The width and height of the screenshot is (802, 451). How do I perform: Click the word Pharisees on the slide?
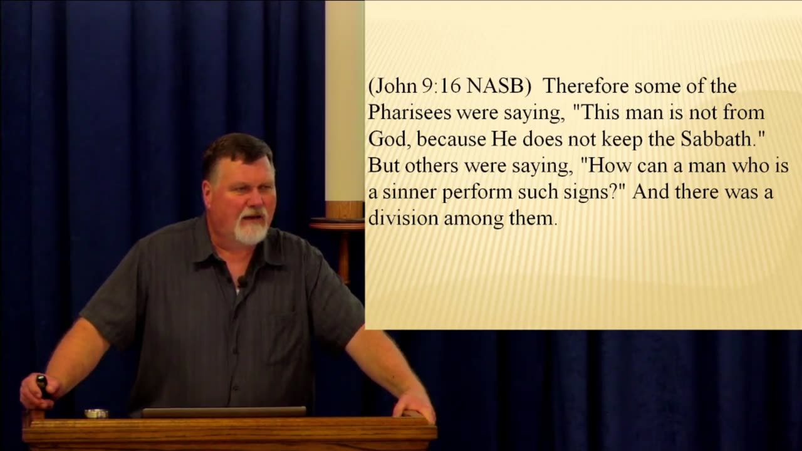point(407,113)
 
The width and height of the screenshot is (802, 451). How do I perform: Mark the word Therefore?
point(584,86)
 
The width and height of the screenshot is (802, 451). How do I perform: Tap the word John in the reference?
point(395,87)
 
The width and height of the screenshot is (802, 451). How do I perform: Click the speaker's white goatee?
point(251,232)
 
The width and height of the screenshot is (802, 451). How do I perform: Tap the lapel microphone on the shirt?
point(242,281)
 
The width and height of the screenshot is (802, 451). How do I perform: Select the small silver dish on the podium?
point(96,413)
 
